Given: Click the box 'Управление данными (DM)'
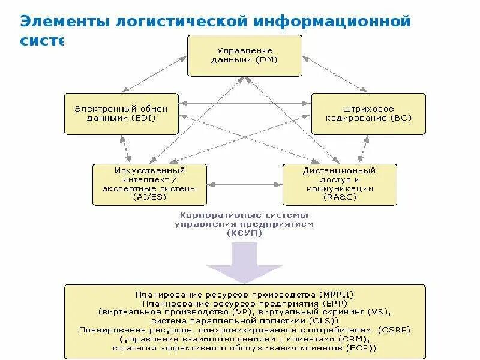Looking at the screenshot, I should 245,55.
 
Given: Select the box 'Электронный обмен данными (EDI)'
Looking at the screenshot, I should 121,113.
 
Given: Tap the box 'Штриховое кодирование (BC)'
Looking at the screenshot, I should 368,113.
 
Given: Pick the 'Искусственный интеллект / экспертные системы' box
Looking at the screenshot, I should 149,184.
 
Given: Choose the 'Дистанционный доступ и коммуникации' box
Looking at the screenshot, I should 339,184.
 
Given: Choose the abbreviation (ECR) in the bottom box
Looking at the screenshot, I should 362,347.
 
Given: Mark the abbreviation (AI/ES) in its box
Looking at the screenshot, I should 149,196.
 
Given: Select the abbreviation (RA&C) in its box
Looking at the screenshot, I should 339,196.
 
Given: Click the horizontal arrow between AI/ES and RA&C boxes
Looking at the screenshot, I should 245,184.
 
